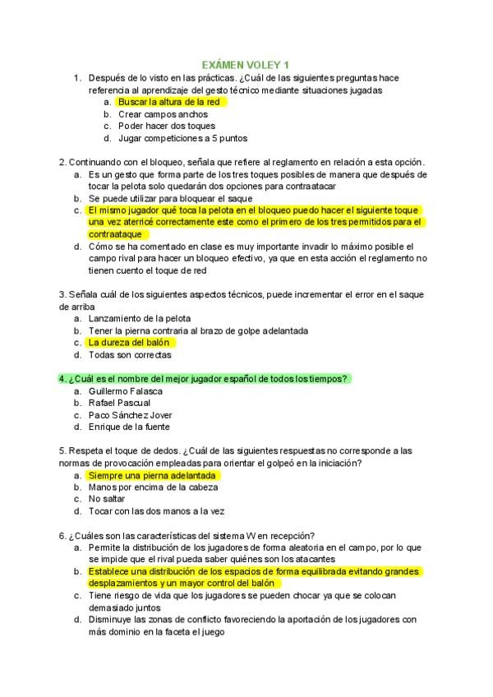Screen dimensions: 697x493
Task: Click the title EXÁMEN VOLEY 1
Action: [246, 64]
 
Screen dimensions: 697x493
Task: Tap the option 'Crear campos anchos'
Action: [163, 114]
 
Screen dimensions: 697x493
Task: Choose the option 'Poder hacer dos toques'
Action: [167, 126]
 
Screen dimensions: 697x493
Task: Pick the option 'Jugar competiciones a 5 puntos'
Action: [182, 138]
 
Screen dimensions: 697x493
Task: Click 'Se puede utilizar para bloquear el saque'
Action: [171, 198]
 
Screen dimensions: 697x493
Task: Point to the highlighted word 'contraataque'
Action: [118, 234]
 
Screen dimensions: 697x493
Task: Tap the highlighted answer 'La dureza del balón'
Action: [130, 343]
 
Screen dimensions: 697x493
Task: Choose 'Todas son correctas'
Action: [130, 355]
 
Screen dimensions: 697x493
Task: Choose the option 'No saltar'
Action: [107, 499]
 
